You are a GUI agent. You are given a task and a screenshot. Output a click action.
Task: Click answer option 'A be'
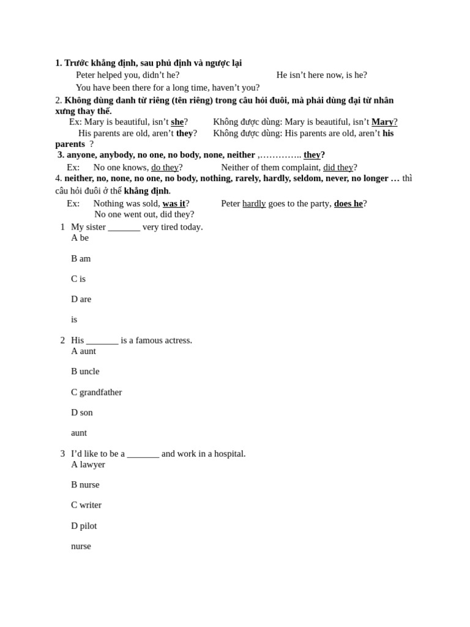[80, 238]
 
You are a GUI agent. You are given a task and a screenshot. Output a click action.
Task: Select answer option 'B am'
[81, 258]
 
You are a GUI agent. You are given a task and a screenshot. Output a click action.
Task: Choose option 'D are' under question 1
[81, 299]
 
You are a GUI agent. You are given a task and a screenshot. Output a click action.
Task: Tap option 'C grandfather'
[96, 392]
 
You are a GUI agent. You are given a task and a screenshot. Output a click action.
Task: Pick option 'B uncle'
[85, 371]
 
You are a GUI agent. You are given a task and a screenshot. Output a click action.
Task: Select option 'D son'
[82, 412]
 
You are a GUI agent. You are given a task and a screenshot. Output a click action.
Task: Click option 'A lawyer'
[88, 464]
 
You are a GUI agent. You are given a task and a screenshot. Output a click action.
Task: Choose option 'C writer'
[86, 505]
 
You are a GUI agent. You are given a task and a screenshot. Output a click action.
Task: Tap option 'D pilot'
[84, 525]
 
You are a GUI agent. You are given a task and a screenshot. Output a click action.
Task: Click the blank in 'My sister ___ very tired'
[124, 227]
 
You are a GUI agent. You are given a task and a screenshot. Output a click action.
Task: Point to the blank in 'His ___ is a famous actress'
[102, 340]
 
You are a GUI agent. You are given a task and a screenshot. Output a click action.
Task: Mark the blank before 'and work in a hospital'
[143, 454]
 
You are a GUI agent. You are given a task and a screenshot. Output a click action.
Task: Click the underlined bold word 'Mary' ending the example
[382, 122]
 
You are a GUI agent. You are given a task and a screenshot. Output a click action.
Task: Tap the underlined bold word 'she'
[177, 122]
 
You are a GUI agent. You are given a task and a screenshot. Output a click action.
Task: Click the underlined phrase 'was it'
[174, 203]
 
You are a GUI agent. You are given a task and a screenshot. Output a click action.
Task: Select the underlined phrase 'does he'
[348, 203]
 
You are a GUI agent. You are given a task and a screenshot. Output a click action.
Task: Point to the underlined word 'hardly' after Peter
[254, 203]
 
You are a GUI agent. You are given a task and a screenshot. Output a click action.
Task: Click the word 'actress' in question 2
[176, 340]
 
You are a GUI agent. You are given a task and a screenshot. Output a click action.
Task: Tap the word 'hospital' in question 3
[227, 454]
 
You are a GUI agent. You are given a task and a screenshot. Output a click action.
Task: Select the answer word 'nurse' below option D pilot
[81, 546]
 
